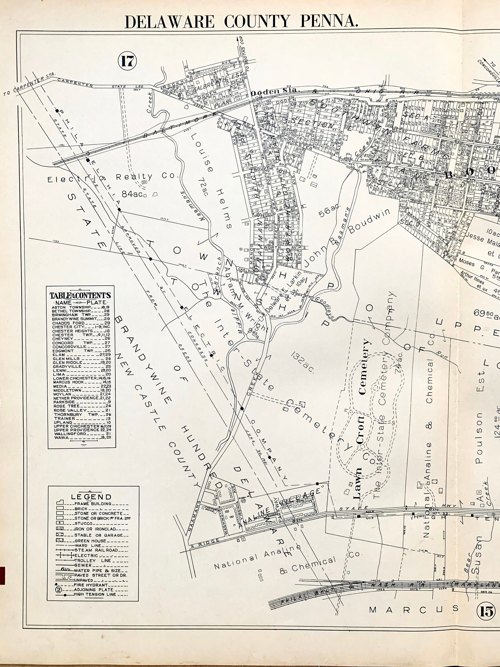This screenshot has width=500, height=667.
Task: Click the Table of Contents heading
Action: [80, 295]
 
